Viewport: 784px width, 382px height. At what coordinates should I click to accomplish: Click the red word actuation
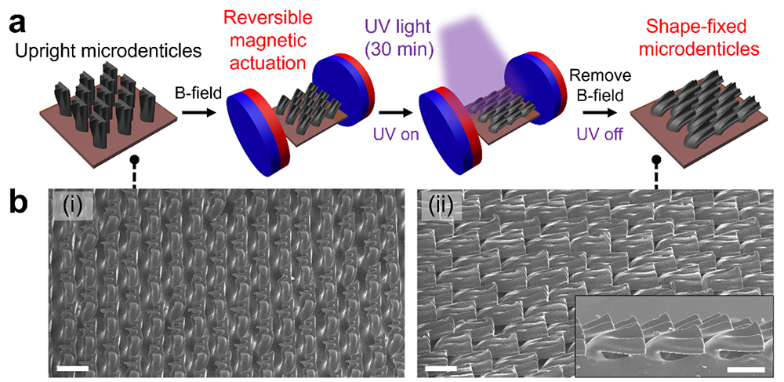[270, 64]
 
